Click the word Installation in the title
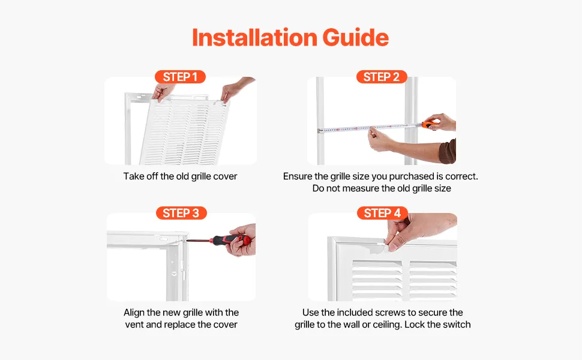pos(254,37)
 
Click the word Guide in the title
pos(356,37)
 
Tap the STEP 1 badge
pos(180,77)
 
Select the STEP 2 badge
pos(382,77)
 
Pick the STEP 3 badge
pos(181,213)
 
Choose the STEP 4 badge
pos(382,213)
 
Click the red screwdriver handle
pos(231,240)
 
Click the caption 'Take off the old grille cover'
pos(181,176)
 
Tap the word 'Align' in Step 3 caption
pos(134,313)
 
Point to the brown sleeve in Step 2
pos(448,151)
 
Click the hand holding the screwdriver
pos(242,240)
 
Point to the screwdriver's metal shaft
pos(199,241)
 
